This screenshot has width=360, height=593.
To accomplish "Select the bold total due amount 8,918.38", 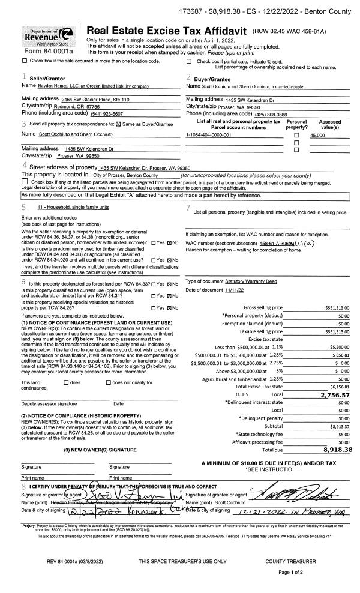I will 334,449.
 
